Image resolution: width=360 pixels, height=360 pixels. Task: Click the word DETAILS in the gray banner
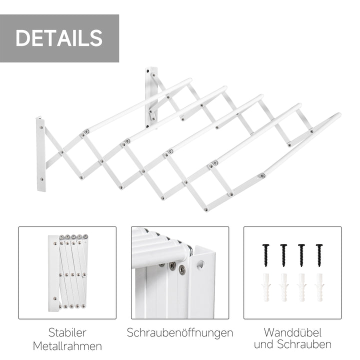(59, 38)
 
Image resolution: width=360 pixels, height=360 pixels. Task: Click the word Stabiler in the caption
(67, 332)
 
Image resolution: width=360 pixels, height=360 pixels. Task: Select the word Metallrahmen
(67, 345)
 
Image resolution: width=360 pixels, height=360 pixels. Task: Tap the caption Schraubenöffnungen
(180, 332)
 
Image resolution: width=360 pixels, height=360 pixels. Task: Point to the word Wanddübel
(292, 332)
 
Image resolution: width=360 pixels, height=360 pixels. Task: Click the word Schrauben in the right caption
(306, 344)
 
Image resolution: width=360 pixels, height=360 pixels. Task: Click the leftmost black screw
(265, 254)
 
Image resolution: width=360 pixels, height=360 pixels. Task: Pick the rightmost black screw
(319, 254)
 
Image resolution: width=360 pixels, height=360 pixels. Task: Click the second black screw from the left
(283, 254)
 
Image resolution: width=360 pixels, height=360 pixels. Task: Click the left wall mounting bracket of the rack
(40, 154)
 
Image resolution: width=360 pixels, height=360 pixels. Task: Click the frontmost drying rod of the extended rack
(300, 145)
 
